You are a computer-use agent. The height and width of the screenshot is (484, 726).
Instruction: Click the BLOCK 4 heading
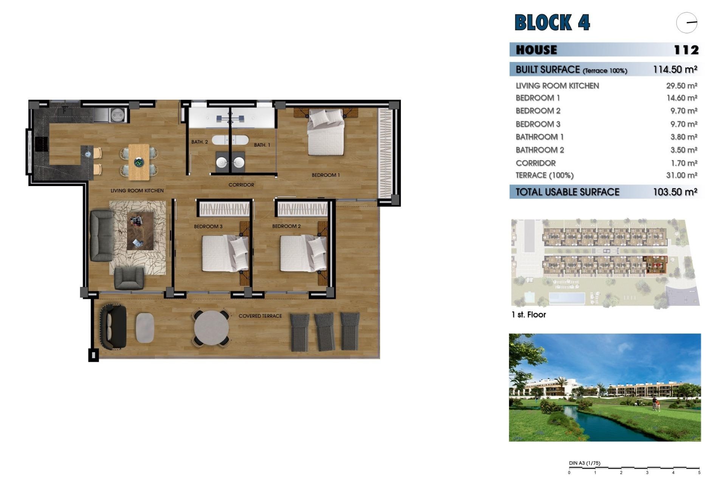(x=552, y=22)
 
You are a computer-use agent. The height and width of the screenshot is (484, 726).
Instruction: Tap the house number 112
(x=686, y=50)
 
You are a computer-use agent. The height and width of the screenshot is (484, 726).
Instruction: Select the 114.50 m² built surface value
(x=675, y=70)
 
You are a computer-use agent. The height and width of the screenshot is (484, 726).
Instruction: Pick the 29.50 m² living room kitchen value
(x=681, y=86)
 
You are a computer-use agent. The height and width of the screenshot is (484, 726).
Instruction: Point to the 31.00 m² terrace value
(x=681, y=175)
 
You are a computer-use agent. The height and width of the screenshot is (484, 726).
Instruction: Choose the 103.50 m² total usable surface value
(x=675, y=192)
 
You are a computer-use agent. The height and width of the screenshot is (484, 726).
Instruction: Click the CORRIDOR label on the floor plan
(x=241, y=185)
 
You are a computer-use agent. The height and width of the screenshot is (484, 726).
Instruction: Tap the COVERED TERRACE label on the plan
(x=260, y=316)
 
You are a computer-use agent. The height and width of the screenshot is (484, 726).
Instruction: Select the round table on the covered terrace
(x=211, y=328)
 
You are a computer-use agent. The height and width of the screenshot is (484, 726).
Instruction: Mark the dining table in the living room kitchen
(x=139, y=162)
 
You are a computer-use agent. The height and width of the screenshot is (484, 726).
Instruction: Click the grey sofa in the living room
(x=101, y=236)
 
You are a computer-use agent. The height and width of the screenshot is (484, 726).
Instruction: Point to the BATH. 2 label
(x=199, y=142)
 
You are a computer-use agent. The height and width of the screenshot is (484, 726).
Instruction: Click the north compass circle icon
(x=686, y=23)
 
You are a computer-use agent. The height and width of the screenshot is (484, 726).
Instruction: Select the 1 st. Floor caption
(x=529, y=315)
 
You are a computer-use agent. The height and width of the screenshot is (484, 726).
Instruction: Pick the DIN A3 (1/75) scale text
(x=584, y=463)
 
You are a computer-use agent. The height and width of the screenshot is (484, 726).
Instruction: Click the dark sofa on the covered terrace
(x=113, y=327)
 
